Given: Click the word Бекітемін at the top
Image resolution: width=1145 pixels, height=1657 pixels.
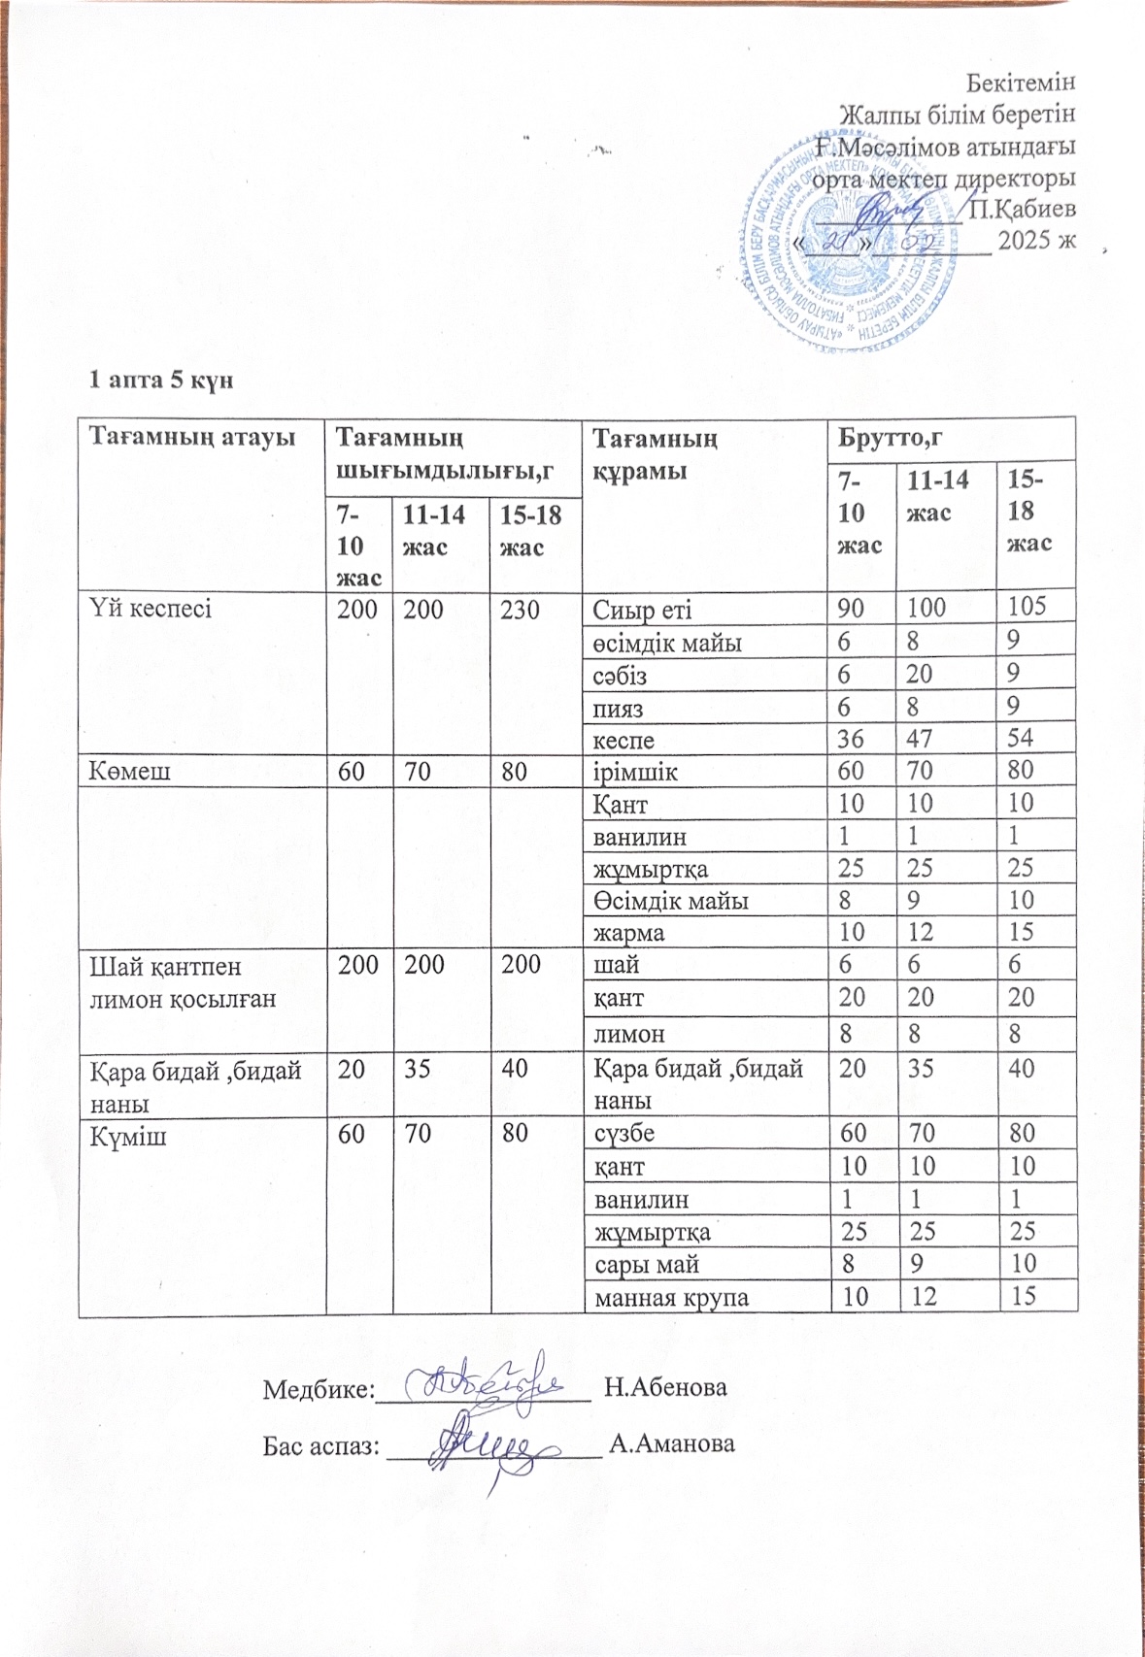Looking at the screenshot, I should click(x=1024, y=82).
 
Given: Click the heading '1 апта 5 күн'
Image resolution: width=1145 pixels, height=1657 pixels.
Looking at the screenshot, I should click(x=161, y=380).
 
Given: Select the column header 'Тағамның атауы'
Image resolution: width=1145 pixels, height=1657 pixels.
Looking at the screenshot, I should click(x=191, y=437).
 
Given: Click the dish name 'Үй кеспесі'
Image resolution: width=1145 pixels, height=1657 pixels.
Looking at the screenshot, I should click(x=151, y=609).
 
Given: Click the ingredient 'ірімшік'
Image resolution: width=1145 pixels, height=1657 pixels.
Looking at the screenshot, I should click(x=635, y=772).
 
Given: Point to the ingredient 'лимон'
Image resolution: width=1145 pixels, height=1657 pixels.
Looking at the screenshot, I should click(x=629, y=1034).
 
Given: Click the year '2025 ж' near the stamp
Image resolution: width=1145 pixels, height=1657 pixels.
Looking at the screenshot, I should click(x=1037, y=240).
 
